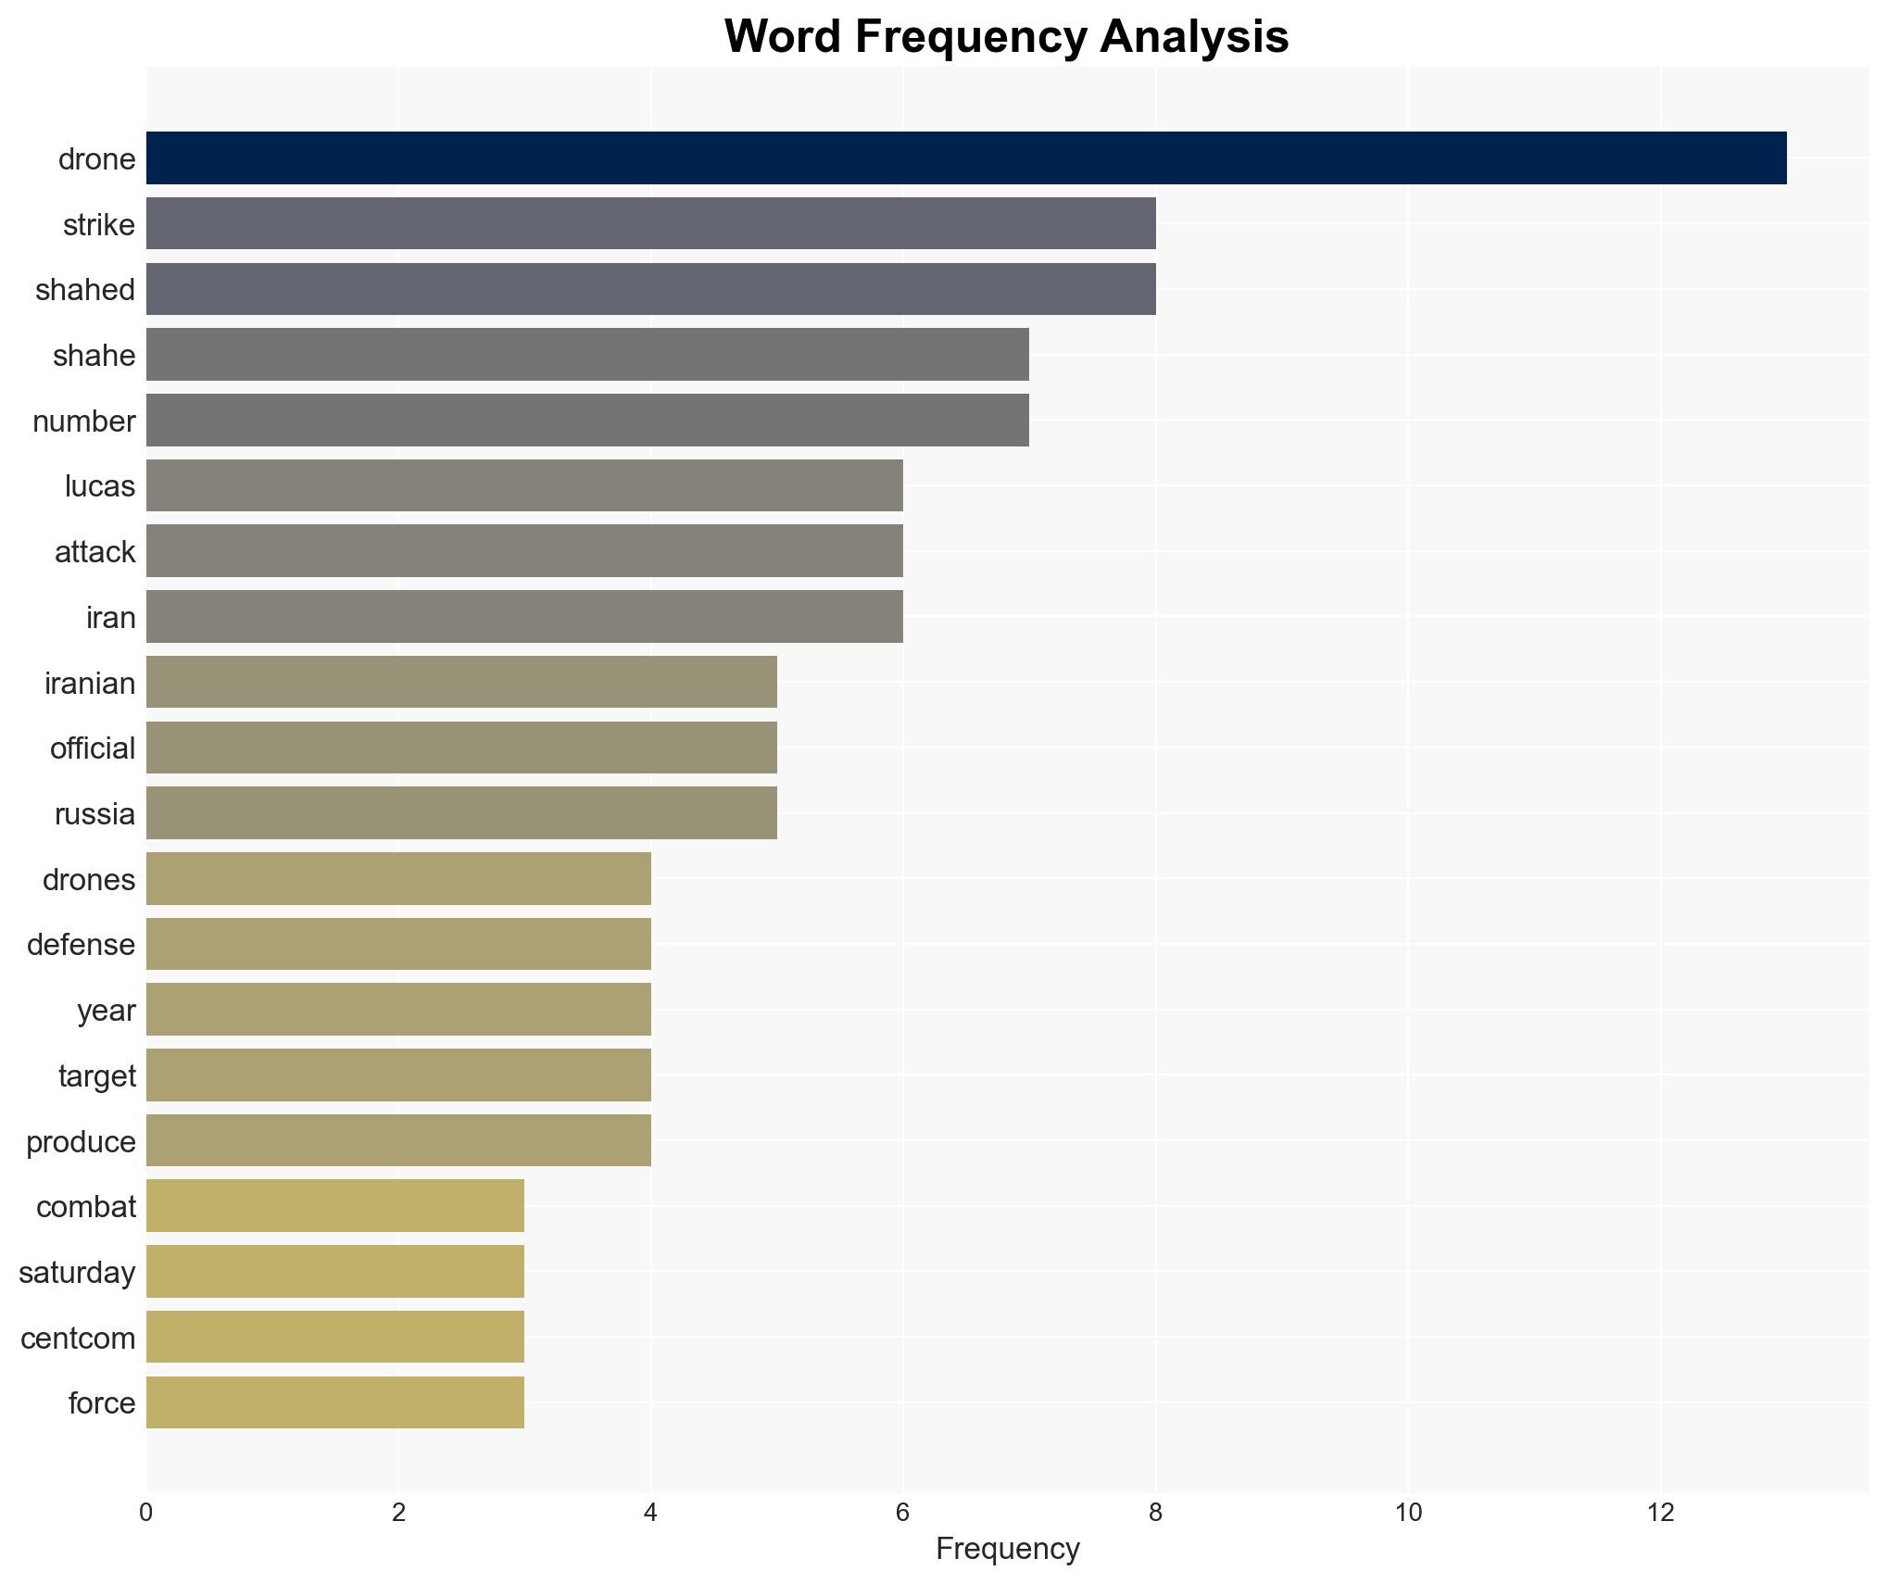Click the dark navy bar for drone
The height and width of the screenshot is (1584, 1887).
965,158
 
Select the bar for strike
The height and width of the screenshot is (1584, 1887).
650,223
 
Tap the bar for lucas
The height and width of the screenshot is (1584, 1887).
524,485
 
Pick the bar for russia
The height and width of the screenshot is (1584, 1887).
461,813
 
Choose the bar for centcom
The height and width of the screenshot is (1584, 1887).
335,1337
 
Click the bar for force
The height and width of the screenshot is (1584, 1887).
335,1402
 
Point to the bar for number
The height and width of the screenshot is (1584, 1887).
587,420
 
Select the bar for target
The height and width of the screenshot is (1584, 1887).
398,1075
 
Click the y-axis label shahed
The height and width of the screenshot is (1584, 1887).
85,290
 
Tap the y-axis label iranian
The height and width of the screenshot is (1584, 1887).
90,684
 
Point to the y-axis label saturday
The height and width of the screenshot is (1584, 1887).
77,1273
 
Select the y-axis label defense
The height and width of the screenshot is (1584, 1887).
81,945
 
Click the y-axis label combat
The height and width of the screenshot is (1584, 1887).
86,1207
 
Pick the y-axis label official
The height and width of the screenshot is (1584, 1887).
93,748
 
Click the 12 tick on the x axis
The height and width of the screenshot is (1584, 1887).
1660,1514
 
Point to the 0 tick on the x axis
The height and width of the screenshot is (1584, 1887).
146,1514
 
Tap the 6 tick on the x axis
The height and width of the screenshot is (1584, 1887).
903,1514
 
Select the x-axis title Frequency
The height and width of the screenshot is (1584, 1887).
1007,1549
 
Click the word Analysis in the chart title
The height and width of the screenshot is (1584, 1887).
1194,37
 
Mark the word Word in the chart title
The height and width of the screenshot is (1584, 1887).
783,37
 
